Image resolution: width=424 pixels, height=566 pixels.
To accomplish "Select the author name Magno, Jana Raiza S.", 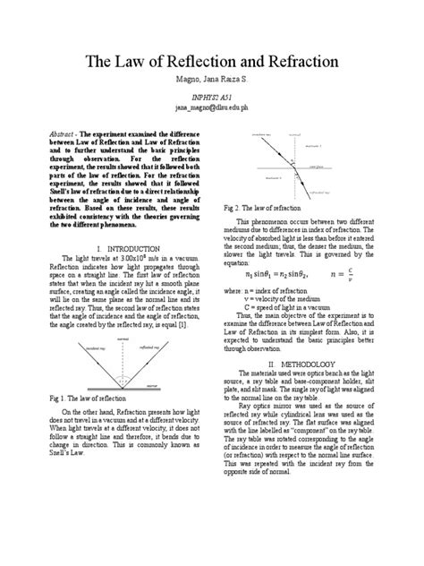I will pyautogui.click(x=211, y=82).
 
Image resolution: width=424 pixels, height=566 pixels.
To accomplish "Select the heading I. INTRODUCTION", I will pyautogui.click(x=120, y=246).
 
